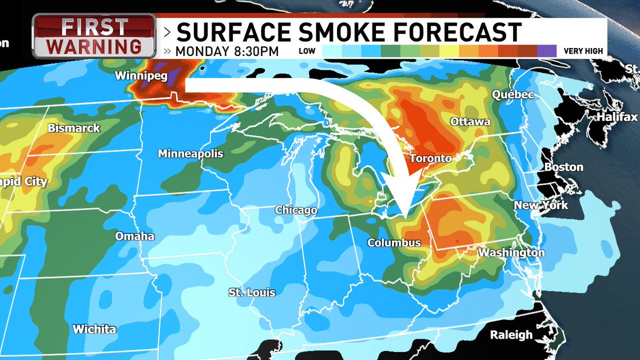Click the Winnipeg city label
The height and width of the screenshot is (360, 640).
pyautogui.click(x=141, y=76)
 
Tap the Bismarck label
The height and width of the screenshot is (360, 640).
pyautogui.click(x=74, y=129)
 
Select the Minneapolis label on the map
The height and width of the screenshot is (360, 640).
pyautogui.click(x=190, y=154)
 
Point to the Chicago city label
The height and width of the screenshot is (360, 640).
pyautogui.click(x=296, y=211)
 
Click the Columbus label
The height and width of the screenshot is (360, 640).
pyautogui.click(x=394, y=243)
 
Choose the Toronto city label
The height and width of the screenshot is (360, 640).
pyautogui.click(x=430, y=158)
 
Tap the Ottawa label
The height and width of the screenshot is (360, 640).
pyautogui.click(x=470, y=122)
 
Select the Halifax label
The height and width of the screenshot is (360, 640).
pyautogui.click(x=617, y=117)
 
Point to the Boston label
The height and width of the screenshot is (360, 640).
pyautogui.click(x=564, y=167)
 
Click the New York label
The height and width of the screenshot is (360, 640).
pyautogui.click(x=541, y=205)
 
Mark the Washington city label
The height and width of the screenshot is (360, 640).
pyautogui.click(x=511, y=253)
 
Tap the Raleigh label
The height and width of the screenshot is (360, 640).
pyautogui.click(x=511, y=335)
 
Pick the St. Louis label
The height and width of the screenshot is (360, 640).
pyautogui.click(x=252, y=293)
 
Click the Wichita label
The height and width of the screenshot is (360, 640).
pyautogui.click(x=94, y=329)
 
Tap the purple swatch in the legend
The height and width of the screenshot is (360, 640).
pyautogui.click(x=546, y=51)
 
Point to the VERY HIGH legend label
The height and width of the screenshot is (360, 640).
pyautogui.click(x=583, y=51)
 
